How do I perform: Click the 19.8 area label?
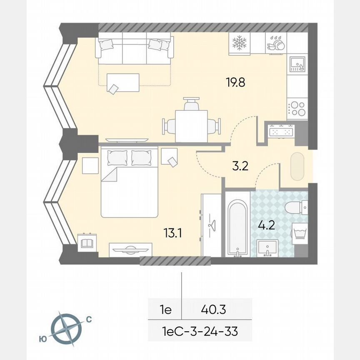[x=235, y=82]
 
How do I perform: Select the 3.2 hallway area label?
[x=240, y=166]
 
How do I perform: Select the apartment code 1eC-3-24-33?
[x=200, y=332]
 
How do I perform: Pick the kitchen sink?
[x=297, y=63]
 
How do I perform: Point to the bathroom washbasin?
[x=267, y=248]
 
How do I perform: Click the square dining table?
[x=191, y=125]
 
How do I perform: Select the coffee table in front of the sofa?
[x=123, y=82]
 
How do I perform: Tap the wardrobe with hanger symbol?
[x=210, y=225]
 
